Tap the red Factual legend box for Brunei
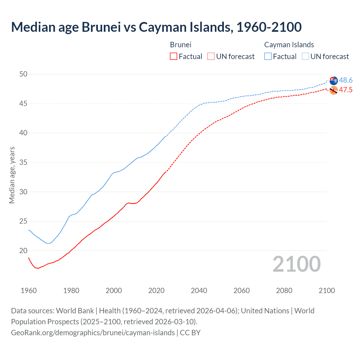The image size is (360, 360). [174, 57]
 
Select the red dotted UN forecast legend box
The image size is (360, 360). [211, 57]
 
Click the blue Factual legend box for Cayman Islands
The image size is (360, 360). [268, 57]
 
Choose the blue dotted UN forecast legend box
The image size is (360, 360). [305, 57]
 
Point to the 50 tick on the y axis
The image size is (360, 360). [23, 74]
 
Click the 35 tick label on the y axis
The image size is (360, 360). [23, 163]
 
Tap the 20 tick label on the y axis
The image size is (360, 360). [23, 251]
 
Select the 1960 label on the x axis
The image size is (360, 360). [29, 291]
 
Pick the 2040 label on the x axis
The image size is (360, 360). [199, 291]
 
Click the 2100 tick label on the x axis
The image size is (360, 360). [327, 291]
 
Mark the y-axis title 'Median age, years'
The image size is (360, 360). [12, 175]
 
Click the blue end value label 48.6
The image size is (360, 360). [346, 80]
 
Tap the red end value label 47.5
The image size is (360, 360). [346, 90]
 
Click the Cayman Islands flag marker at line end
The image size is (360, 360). [334, 80]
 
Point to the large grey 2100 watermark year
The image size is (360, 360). [296, 264]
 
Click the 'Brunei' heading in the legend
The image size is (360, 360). [181, 45]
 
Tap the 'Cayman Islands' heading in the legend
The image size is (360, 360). [289, 45]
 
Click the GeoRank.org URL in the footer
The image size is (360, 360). [93, 333]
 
